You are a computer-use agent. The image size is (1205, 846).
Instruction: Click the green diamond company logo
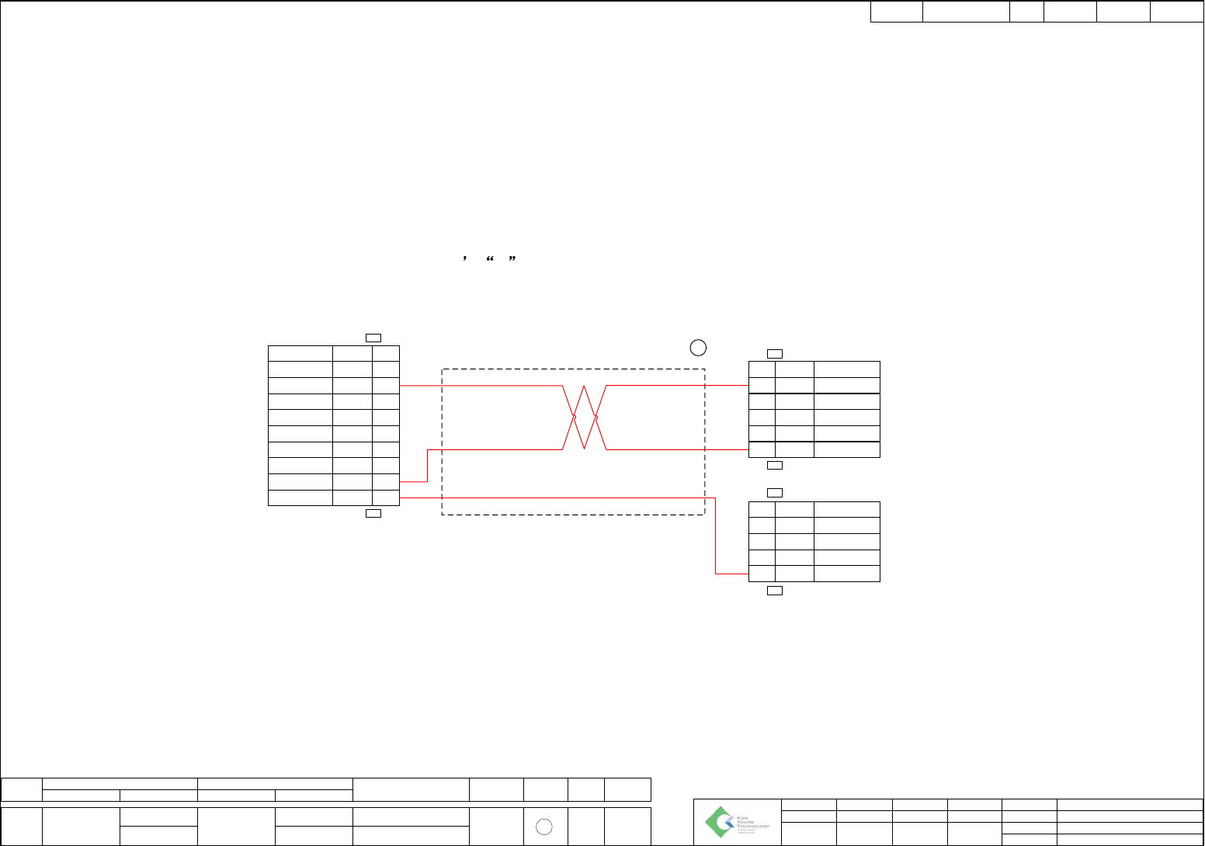pos(720,822)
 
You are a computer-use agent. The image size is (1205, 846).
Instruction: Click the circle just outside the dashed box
pos(698,347)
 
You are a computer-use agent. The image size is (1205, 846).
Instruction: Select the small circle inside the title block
pos(544,827)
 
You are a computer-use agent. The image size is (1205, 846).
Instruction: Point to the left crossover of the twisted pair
pos(574,417)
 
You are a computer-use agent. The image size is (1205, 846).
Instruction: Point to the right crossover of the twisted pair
pos(596,417)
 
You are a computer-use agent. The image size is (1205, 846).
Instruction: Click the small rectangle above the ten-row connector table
pos(373,338)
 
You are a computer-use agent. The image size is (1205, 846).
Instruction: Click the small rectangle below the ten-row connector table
pos(373,513)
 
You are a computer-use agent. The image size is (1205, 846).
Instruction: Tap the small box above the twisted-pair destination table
pos(774,354)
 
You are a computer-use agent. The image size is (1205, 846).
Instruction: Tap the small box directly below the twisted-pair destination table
pos(774,465)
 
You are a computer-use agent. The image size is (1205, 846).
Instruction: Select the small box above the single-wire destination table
pos(774,493)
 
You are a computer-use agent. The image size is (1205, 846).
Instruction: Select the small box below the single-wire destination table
pos(774,591)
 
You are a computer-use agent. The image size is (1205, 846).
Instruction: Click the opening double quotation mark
pos(490,260)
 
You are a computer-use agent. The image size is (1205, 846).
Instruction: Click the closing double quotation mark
pos(512,260)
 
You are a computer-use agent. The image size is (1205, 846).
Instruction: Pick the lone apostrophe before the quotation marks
pos(464,260)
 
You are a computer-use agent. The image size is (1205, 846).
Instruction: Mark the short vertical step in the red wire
pos(427,466)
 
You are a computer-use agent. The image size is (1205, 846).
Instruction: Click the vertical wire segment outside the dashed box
pos(715,536)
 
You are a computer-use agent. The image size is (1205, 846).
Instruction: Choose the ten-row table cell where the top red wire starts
pos(385,386)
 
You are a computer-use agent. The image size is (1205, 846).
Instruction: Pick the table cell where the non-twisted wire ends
pos(761,574)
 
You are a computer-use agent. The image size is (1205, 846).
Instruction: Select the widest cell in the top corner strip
pos(966,12)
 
